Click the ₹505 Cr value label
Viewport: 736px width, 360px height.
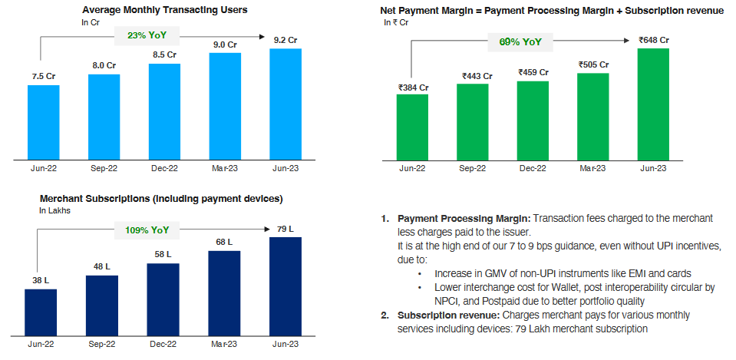point(592,64)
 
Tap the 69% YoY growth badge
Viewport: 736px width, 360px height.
point(521,41)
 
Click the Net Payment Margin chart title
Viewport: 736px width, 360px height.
point(552,11)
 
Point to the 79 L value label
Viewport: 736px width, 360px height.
point(285,228)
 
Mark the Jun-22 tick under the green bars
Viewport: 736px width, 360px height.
point(412,167)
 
